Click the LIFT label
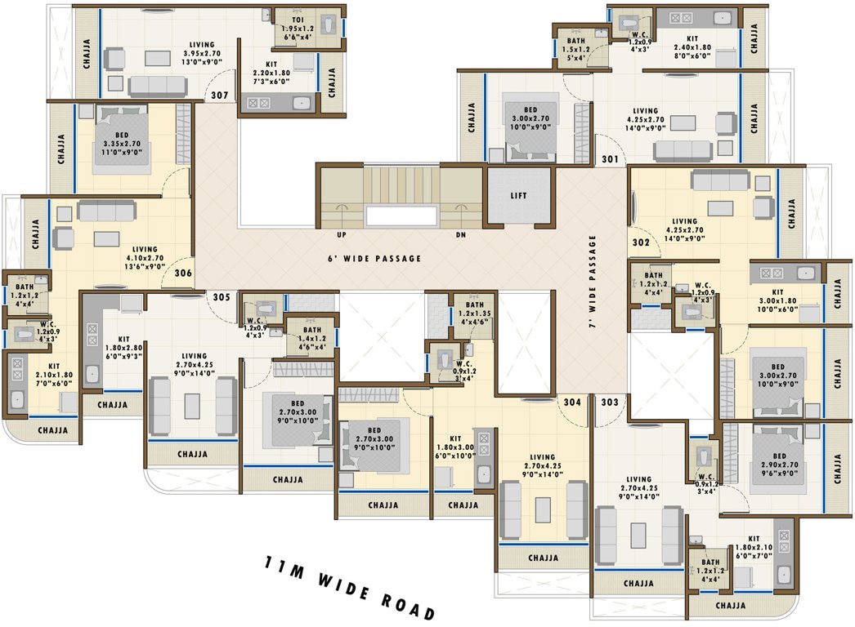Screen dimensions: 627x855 [518, 196]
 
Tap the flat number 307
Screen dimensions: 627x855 [219, 96]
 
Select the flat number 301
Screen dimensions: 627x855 [610, 160]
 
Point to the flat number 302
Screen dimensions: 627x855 [641, 242]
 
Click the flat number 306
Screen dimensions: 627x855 [183, 273]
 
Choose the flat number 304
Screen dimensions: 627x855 [572, 402]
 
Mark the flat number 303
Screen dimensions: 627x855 [609, 402]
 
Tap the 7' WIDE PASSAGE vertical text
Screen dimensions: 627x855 [593, 282]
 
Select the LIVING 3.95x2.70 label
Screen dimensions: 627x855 [201, 54]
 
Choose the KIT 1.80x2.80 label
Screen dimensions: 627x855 [124, 349]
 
